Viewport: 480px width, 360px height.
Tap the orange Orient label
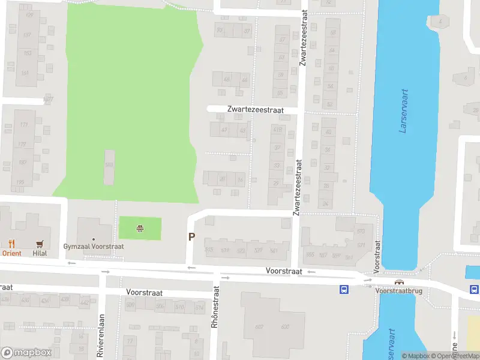click(x=11, y=253)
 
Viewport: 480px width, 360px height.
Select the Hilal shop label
click(x=40, y=253)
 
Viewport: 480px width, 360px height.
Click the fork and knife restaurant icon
click(x=11, y=244)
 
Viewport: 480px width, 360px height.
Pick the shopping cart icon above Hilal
click(x=40, y=244)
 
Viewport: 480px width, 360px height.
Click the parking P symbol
click(x=191, y=237)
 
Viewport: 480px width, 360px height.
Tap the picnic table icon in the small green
click(x=140, y=228)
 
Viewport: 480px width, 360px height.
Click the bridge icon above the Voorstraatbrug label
click(x=398, y=282)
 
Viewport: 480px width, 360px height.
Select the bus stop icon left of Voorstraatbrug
click(x=344, y=289)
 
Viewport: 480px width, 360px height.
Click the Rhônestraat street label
click(x=215, y=306)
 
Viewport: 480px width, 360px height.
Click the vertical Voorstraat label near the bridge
click(x=377, y=257)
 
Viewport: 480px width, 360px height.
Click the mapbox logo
click(x=25, y=353)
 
